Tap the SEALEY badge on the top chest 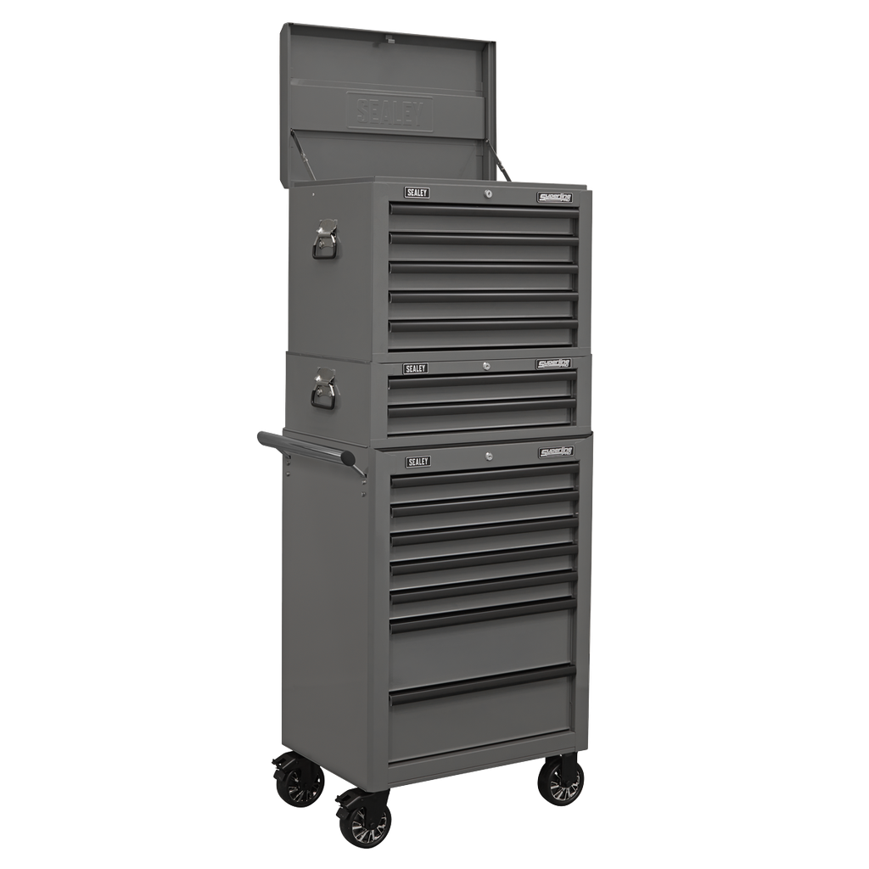coord(418,193)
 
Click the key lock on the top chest coord(488,195)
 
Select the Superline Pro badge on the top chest coord(555,198)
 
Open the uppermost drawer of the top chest coord(482,221)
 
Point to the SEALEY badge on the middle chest coord(416,368)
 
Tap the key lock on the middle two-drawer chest coord(486,366)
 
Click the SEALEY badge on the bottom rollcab coord(418,462)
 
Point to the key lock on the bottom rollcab coord(490,457)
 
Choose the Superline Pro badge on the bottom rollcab coord(556,452)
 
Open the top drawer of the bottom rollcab coord(482,483)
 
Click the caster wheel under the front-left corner coord(364,820)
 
